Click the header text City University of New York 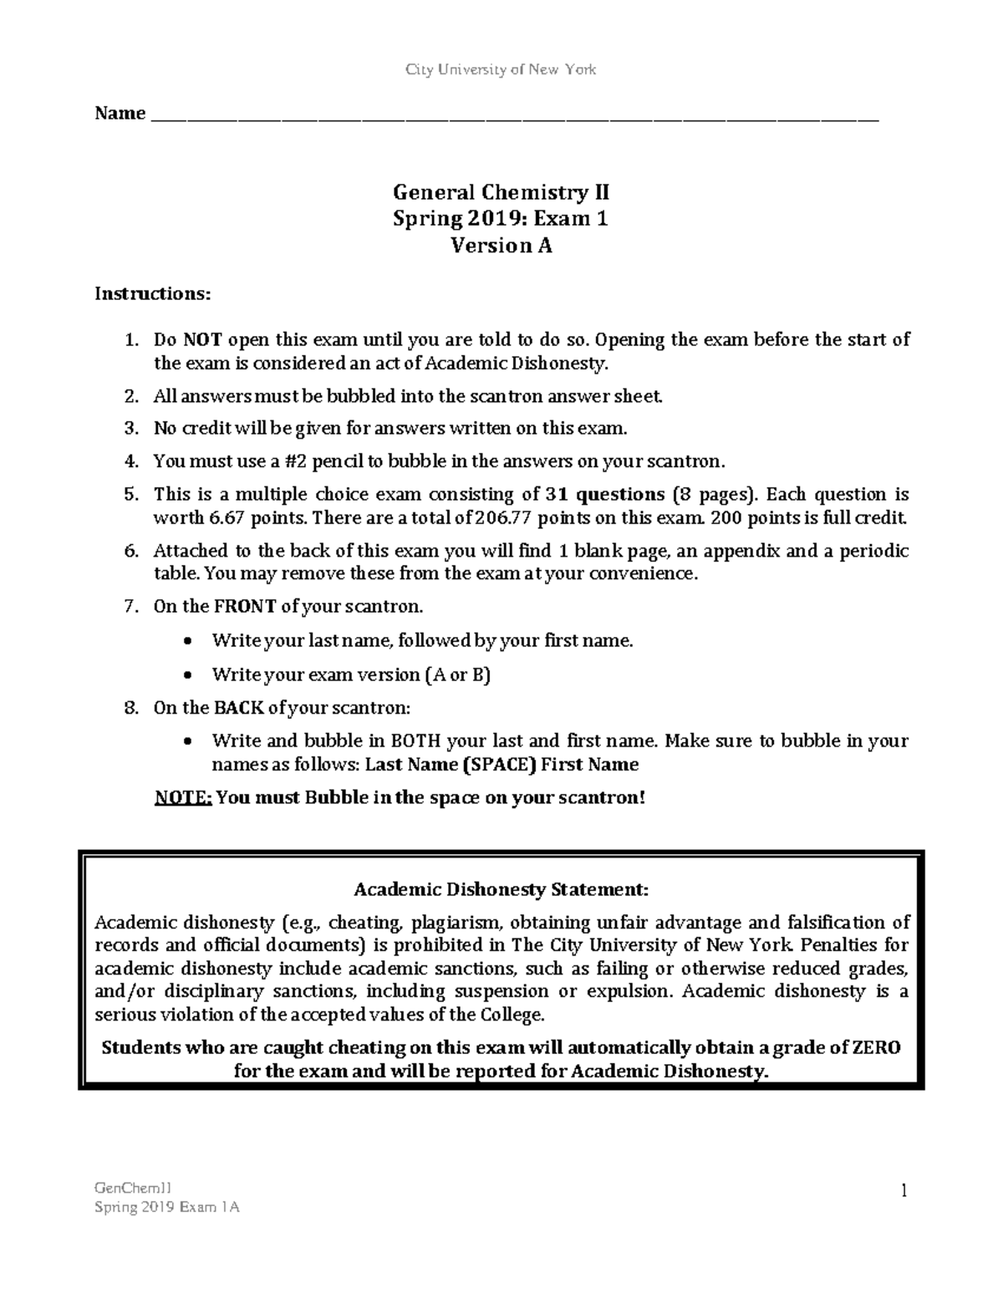[501, 69]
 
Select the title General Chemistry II [501, 193]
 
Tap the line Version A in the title [501, 246]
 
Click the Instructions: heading [153, 293]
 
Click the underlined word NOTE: [183, 797]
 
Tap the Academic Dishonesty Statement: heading [501, 889]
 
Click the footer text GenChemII [134, 1188]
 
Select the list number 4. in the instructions [130, 461]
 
